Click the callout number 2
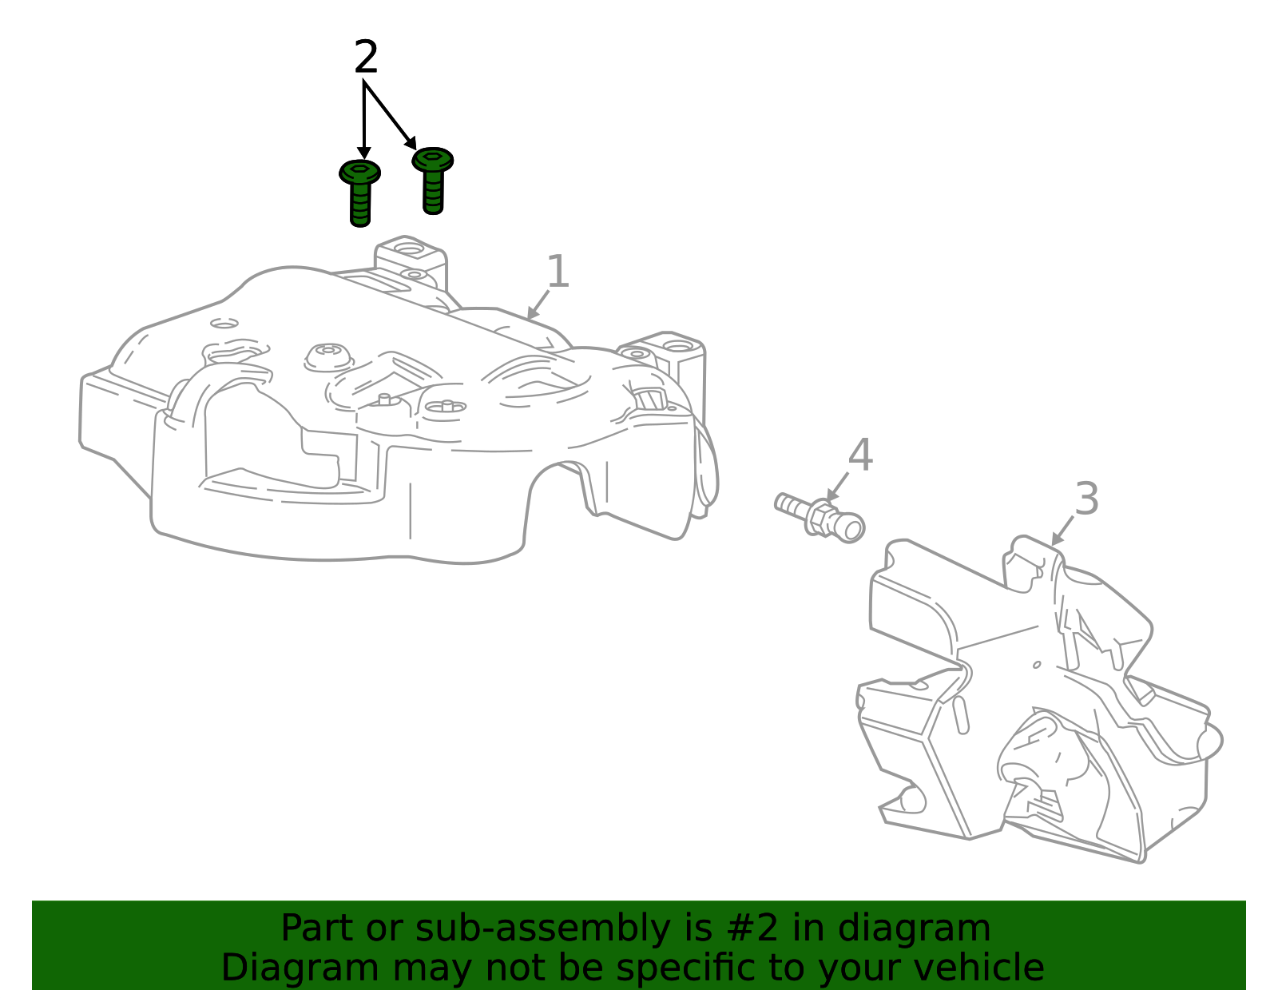pos(366,57)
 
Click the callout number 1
pos(558,271)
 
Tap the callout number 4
pos(860,455)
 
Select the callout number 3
pos(1087,499)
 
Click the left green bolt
pos(360,193)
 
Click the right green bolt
pos(433,181)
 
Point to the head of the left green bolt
pos(360,172)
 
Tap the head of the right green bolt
pos(433,159)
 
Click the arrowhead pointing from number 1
pos(532,313)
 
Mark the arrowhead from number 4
pos(832,495)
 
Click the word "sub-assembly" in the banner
pos(542,928)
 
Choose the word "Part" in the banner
pos(318,928)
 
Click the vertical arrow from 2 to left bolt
pos(365,121)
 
